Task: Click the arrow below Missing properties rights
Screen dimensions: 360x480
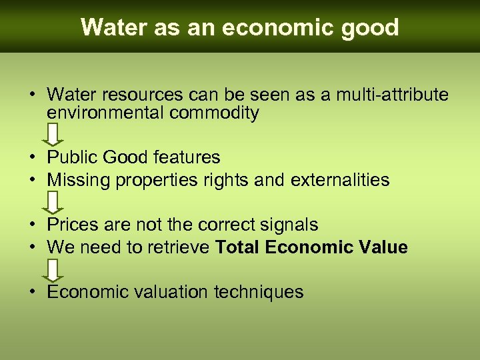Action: tap(55, 202)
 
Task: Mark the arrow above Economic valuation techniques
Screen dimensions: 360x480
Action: tap(55, 270)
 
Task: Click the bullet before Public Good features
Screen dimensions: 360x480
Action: tap(32, 157)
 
